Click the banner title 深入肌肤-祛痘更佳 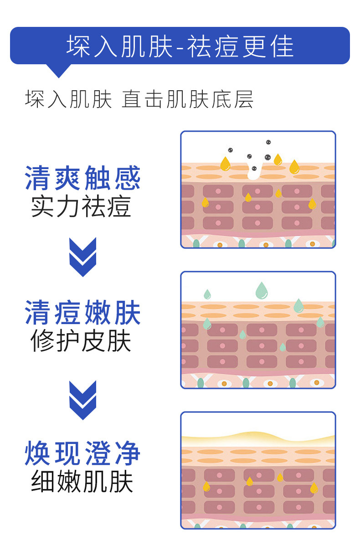180,46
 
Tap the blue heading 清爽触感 82,178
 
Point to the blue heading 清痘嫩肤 82,313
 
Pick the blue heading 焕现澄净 82,453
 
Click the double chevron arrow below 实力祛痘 82,257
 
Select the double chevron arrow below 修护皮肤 82,400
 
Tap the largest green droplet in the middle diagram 261,290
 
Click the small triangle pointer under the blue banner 59,71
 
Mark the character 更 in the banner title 253,46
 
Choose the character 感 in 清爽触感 127,178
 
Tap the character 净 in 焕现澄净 127,453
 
